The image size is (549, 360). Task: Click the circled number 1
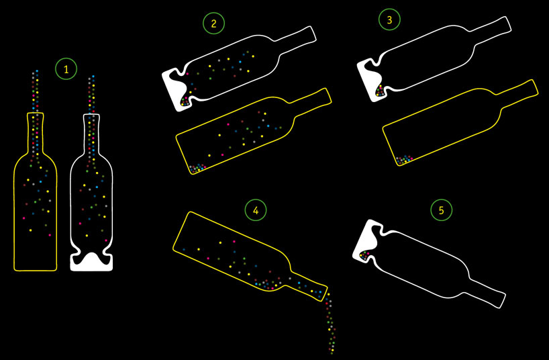[x=66, y=69]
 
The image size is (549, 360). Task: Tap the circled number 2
[x=213, y=23]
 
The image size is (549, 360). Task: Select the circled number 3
[x=389, y=19]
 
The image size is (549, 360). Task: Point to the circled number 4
[x=256, y=210]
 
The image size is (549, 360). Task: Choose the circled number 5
[x=441, y=210]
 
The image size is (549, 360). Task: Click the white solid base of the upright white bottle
[x=91, y=262]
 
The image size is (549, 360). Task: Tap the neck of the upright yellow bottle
[x=35, y=133]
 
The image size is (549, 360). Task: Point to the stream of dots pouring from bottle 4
[x=330, y=322]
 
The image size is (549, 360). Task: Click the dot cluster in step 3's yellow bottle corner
[x=404, y=160]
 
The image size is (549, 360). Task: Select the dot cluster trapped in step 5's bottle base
[x=364, y=255]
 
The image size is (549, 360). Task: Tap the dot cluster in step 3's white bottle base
[x=380, y=91]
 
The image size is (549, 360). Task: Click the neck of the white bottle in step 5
[x=486, y=290]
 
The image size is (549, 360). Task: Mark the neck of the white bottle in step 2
[x=297, y=38]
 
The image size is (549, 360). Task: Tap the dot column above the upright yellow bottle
[x=35, y=91]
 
